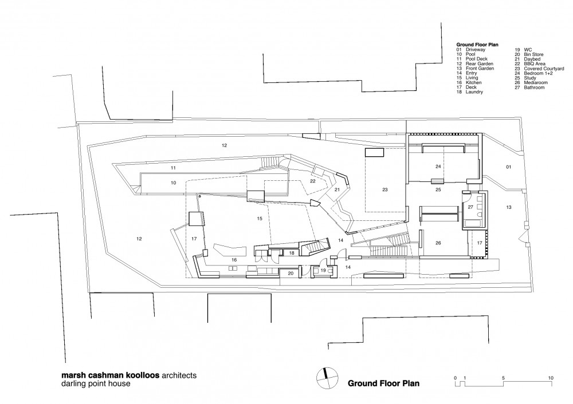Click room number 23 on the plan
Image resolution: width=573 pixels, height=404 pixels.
click(385, 189)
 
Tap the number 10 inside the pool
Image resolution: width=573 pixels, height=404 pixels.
click(173, 183)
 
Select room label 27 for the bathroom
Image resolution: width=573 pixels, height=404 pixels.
click(470, 207)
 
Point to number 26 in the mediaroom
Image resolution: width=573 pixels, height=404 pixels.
click(438, 243)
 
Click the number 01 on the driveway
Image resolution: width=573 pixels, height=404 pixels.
click(508, 167)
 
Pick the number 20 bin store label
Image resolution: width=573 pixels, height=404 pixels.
click(291, 273)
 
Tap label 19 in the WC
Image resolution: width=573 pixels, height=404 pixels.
click(323, 271)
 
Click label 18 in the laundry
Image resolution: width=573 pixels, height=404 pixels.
click(292, 253)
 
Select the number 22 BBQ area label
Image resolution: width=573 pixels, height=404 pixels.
click(313, 181)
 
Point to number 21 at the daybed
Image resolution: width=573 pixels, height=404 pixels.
click(337, 189)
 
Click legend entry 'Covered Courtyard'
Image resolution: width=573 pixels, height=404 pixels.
click(544, 69)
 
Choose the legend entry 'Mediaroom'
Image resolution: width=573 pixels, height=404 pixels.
click(536, 83)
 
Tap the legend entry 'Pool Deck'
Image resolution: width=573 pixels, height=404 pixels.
click(477, 59)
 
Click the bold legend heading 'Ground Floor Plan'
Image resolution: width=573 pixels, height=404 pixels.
click(477, 45)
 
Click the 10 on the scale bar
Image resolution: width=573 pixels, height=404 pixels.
click(551, 378)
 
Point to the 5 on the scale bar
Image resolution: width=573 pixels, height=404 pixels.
click(503, 378)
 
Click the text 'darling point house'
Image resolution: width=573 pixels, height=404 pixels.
click(96, 383)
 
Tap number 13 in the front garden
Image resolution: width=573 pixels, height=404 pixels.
click(509, 207)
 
